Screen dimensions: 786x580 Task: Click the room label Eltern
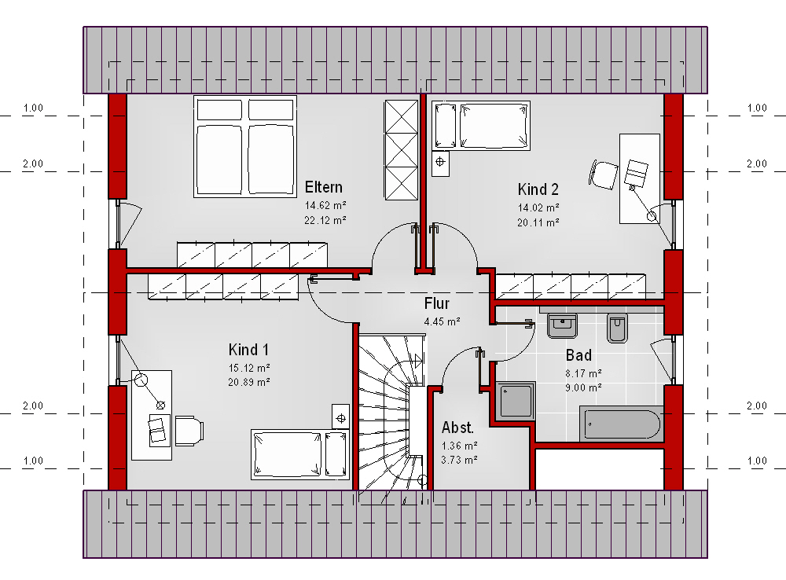[x=323, y=188]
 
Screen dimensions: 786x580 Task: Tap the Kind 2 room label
[x=538, y=189]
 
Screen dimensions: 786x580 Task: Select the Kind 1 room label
[x=248, y=350]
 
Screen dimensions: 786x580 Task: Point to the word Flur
[x=436, y=303]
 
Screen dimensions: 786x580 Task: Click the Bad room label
[x=578, y=355]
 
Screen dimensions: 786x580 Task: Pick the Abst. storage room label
[x=457, y=428]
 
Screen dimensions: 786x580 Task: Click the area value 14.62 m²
[x=325, y=206]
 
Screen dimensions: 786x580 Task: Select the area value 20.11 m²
[x=538, y=222]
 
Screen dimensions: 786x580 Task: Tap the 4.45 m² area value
[x=442, y=322]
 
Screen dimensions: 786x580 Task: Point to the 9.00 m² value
[x=583, y=387]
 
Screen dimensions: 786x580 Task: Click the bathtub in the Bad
[x=622, y=424]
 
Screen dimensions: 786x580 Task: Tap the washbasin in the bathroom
[x=562, y=326]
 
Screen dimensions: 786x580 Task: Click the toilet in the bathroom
[x=616, y=328]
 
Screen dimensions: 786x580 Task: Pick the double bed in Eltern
[x=245, y=146]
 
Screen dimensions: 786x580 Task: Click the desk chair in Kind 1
[x=189, y=430]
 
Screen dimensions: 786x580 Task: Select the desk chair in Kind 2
[x=604, y=174]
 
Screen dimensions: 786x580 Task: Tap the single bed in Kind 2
[x=481, y=125]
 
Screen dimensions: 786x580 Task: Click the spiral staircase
[x=392, y=412]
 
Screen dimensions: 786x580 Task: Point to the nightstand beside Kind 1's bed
[x=341, y=417]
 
